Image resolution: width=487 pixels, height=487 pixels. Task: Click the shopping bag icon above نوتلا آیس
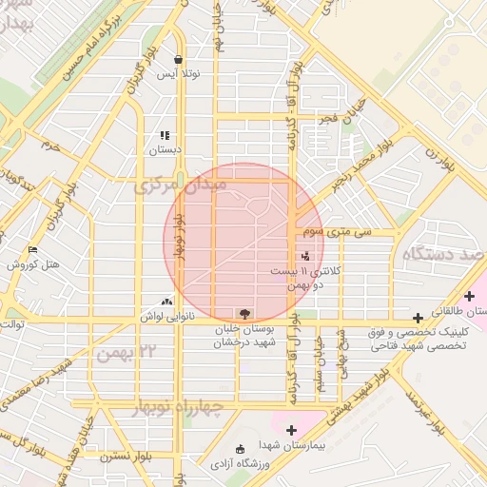pyautogui.click(x=178, y=59)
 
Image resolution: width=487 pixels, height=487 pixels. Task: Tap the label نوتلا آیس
pyautogui.click(x=178, y=73)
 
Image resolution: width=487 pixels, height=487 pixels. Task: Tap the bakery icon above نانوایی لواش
pyautogui.click(x=168, y=301)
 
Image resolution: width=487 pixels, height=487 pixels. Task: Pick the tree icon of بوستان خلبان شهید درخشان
pyautogui.click(x=245, y=312)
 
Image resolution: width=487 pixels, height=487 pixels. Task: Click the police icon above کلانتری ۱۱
pyautogui.click(x=305, y=255)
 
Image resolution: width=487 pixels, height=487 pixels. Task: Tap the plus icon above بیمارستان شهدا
pyautogui.click(x=290, y=430)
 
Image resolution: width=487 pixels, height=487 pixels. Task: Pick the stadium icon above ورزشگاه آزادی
pyautogui.click(x=239, y=448)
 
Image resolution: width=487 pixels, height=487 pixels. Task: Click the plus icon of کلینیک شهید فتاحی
pyautogui.click(x=418, y=317)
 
